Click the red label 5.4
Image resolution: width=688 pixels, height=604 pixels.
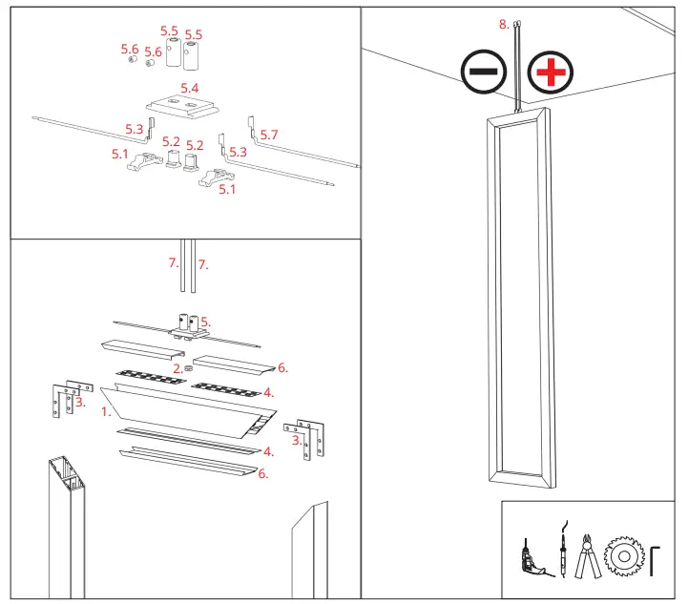190,88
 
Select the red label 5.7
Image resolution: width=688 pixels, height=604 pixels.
269,135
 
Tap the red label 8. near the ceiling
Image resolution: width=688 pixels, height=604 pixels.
504,24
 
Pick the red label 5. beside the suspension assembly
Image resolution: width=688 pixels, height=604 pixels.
204,322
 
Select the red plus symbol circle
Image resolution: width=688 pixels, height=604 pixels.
549,72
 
